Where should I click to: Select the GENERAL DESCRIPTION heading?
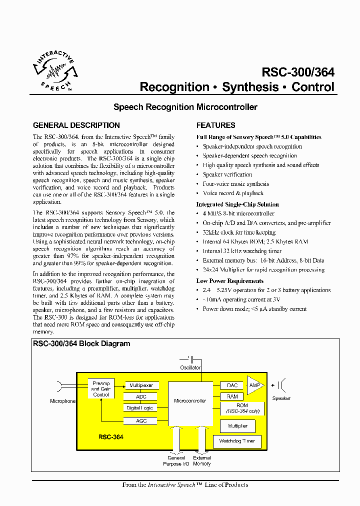76,125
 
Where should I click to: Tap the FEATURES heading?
215,125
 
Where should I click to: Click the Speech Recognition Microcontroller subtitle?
185,107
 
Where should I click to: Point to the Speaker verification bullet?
227,174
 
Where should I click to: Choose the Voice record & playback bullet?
233,193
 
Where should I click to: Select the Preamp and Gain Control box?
101,388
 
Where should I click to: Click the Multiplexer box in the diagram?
140,385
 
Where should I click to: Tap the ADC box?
141,396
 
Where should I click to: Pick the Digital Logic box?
140,408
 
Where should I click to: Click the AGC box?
141,421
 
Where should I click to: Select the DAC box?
232,385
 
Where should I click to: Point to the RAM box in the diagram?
232,396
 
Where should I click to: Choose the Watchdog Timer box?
237,441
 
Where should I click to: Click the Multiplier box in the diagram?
237,426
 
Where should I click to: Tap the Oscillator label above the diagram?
190,367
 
